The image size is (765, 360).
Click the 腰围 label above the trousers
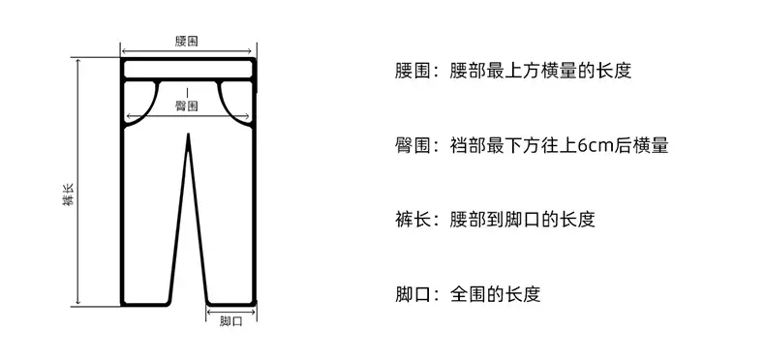[187, 41]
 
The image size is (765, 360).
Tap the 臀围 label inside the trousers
[187, 105]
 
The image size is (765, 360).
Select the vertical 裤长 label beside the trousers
[68, 195]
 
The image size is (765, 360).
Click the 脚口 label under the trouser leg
[230, 321]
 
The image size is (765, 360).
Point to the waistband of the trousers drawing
[188, 70]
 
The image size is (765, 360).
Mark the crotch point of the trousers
[188, 135]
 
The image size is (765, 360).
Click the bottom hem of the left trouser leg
[145, 304]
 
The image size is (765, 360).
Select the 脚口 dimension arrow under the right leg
[230, 312]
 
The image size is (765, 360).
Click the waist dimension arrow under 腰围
[186, 50]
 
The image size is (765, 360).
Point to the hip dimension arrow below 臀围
[188, 116]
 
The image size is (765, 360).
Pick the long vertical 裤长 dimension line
[78, 182]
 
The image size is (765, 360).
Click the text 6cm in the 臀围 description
[595, 145]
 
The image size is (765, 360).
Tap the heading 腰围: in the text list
[417, 71]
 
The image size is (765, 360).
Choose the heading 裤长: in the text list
[417, 220]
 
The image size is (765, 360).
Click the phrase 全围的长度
[495, 294]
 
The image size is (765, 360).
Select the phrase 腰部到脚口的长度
[523, 220]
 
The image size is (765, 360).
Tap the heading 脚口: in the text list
[417, 294]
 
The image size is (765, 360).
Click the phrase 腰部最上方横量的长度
[540, 71]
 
